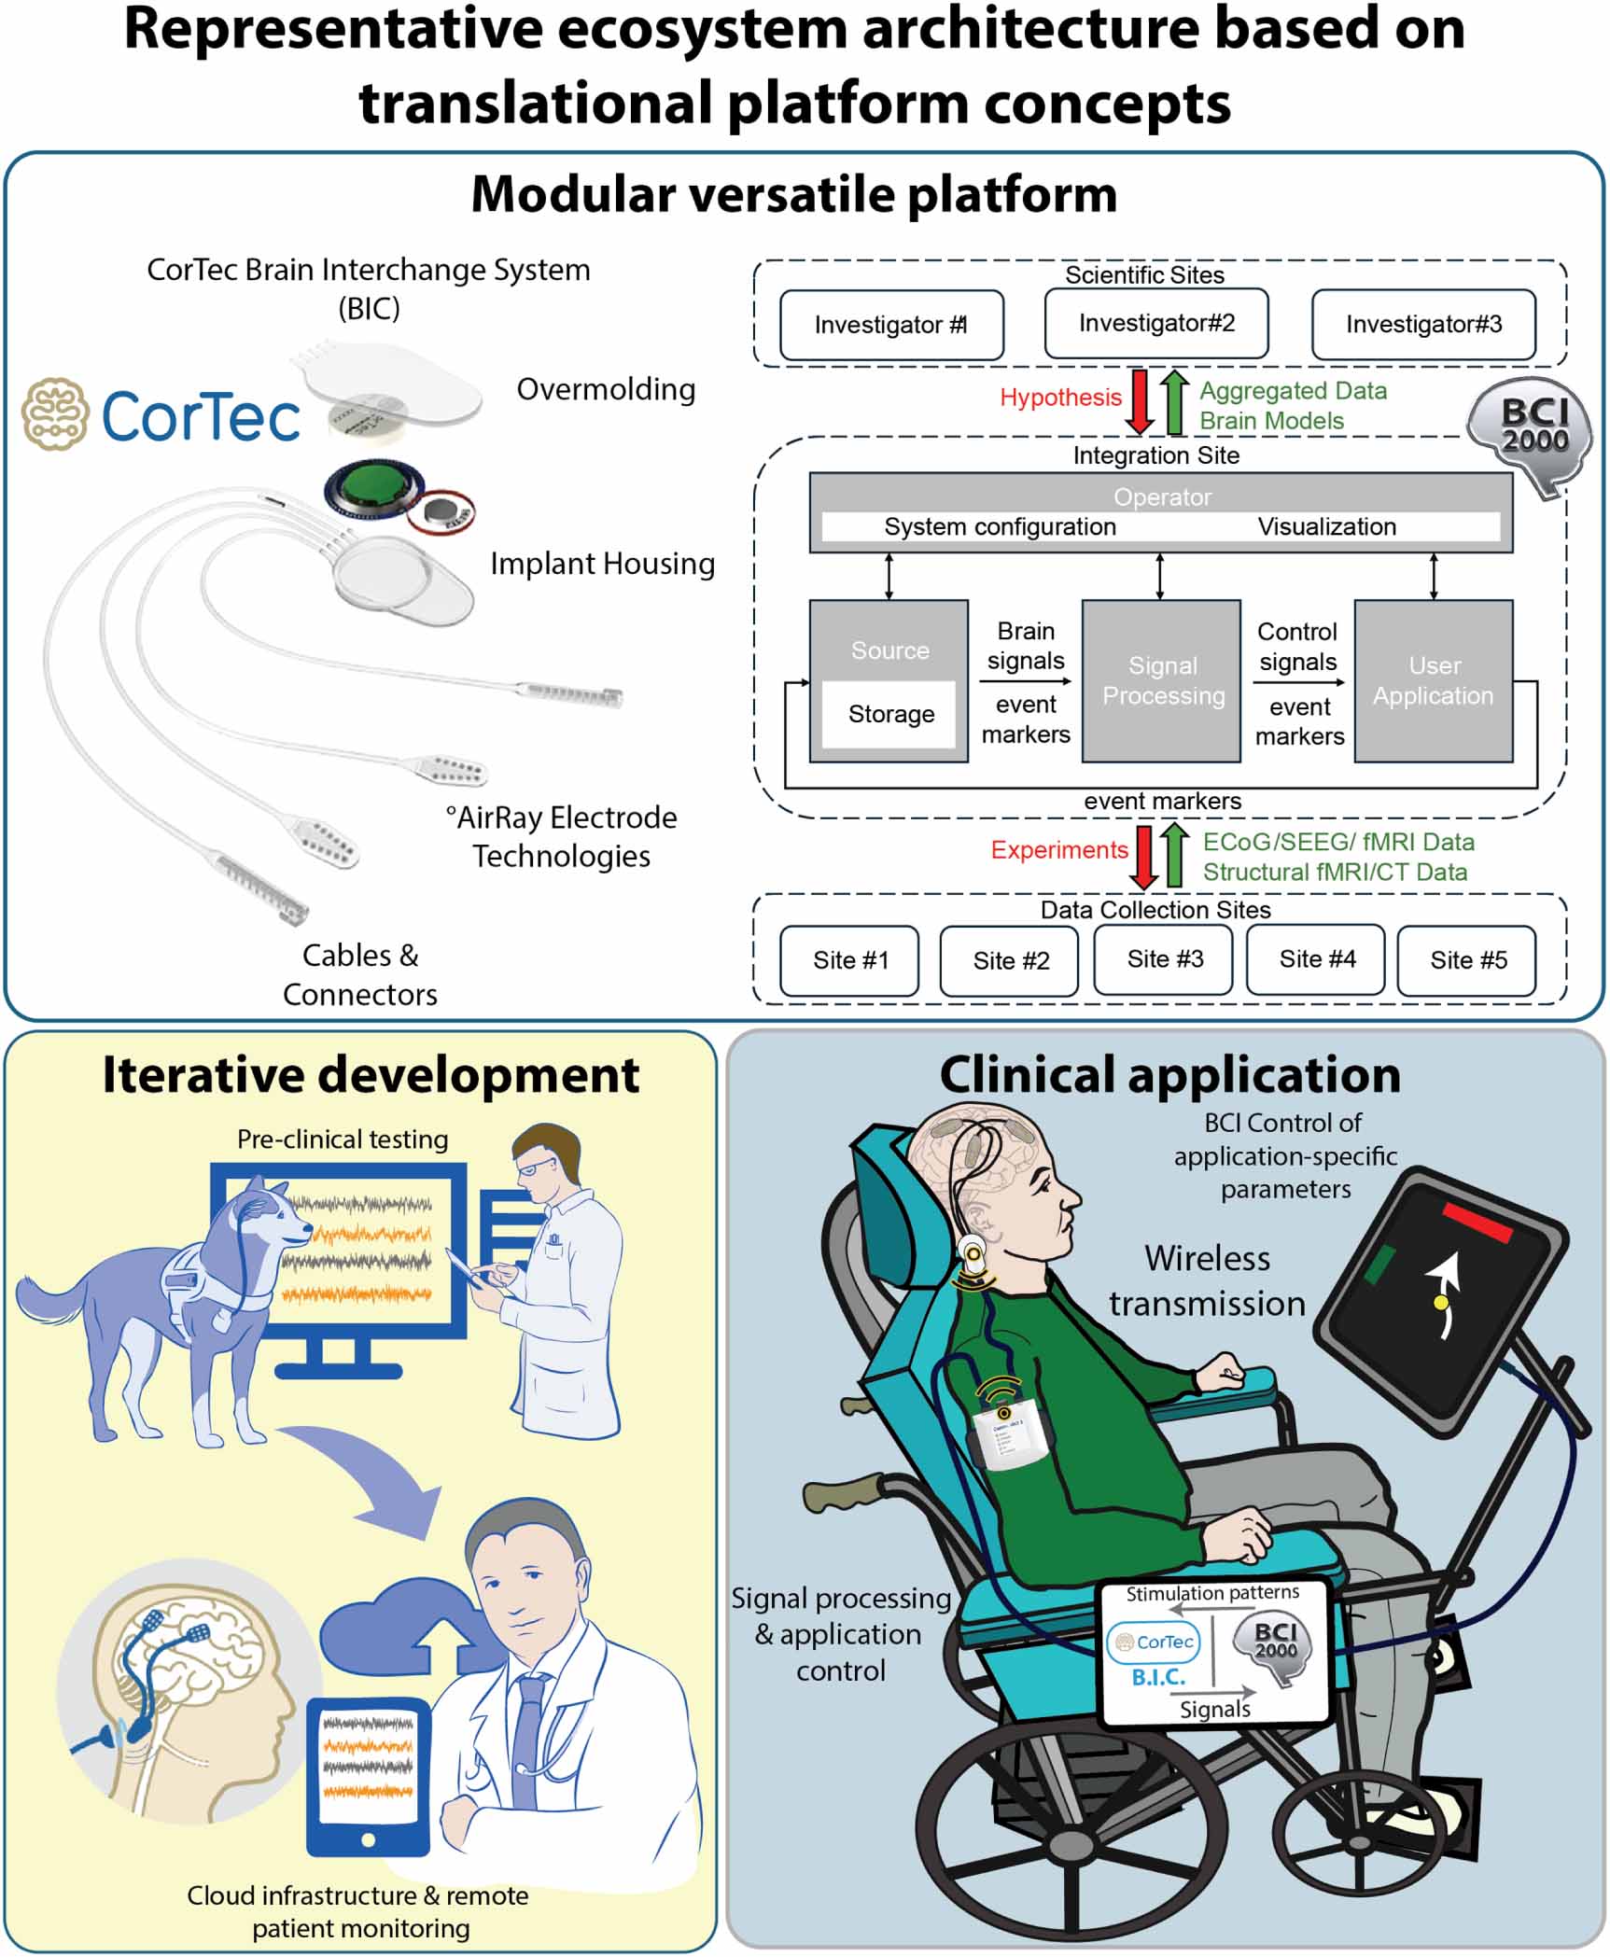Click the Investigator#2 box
[1155, 323]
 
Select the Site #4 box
[1316, 958]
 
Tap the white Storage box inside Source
[889, 714]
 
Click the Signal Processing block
[1162, 680]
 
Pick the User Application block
[1433, 680]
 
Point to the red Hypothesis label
[1059, 398]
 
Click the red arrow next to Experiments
[1142, 855]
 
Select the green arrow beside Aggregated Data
[1175, 402]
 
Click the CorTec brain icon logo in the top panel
[55, 413]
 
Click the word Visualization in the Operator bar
[1326, 526]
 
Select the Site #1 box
[849, 960]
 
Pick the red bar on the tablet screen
[1477, 1222]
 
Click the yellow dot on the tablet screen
[1441, 1302]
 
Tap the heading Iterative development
[371, 1075]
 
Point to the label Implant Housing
[602, 564]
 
